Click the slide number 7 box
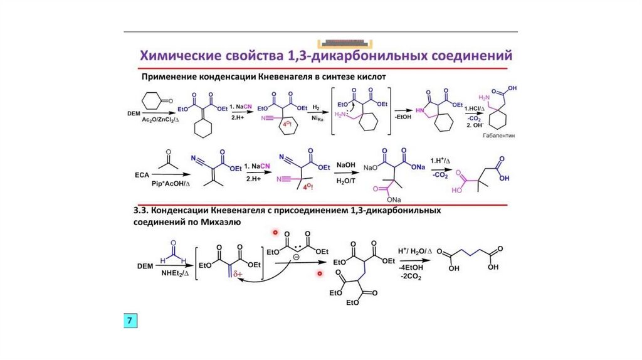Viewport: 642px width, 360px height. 130,321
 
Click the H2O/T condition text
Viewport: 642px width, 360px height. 346,181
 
